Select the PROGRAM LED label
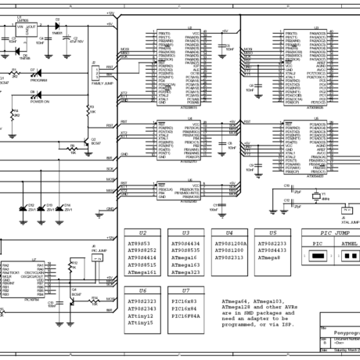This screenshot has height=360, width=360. coord(38,81)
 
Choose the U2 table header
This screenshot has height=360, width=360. coord(142,233)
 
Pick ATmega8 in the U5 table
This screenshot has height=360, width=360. coord(269,257)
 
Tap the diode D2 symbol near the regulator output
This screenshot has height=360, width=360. coord(57,25)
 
